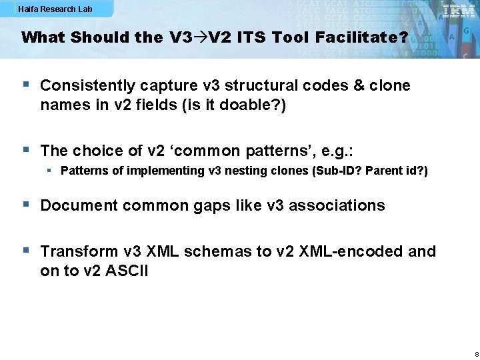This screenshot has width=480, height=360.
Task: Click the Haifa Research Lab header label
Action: coord(55,9)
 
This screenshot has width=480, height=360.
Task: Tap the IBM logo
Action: coord(459,11)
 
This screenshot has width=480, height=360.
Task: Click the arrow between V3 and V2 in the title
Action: coord(200,37)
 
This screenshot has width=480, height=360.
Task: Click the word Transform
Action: coord(78,251)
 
